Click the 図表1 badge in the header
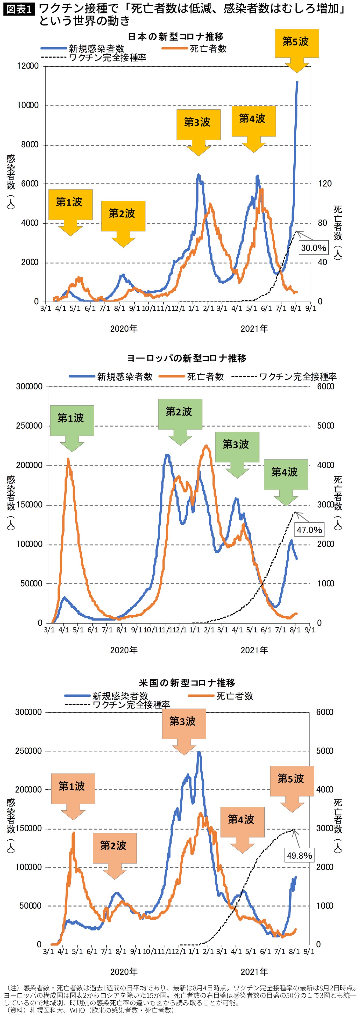[x=19, y=9]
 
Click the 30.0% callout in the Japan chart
[x=314, y=248]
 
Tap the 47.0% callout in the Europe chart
[x=309, y=529]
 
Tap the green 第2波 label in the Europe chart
[x=180, y=412]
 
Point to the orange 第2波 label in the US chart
[x=114, y=846]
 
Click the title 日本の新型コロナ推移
[x=176, y=37]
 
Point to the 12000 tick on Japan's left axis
[x=28, y=66]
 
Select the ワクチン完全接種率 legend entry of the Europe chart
[x=284, y=377]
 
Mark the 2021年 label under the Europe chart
[x=254, y=650]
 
